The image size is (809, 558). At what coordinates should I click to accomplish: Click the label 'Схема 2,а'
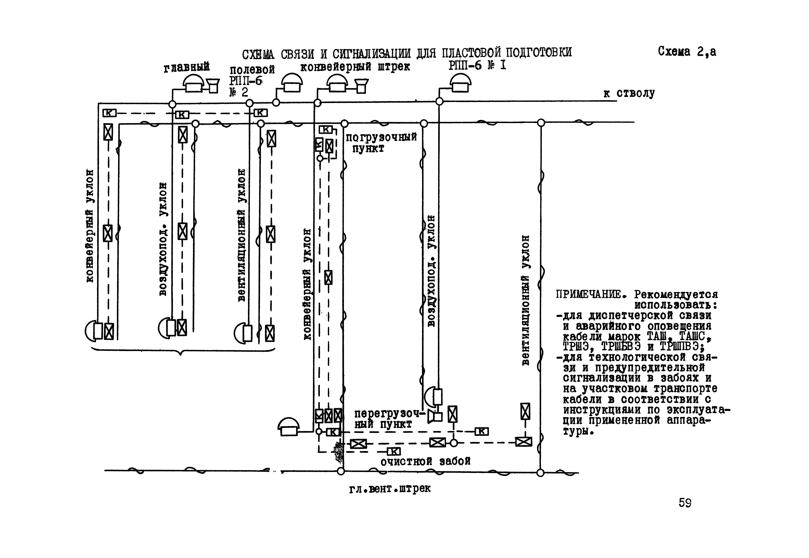687,52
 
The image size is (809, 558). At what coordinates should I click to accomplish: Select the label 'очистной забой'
425,462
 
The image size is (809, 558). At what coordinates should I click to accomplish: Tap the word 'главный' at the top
186,67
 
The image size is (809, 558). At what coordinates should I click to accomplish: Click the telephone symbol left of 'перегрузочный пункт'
288,427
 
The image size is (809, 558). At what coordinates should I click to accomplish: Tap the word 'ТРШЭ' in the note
575,347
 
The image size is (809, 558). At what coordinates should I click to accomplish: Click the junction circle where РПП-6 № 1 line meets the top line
439,101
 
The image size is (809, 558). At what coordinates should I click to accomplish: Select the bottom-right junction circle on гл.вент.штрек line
540,473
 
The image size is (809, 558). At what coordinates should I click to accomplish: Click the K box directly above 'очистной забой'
394,451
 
